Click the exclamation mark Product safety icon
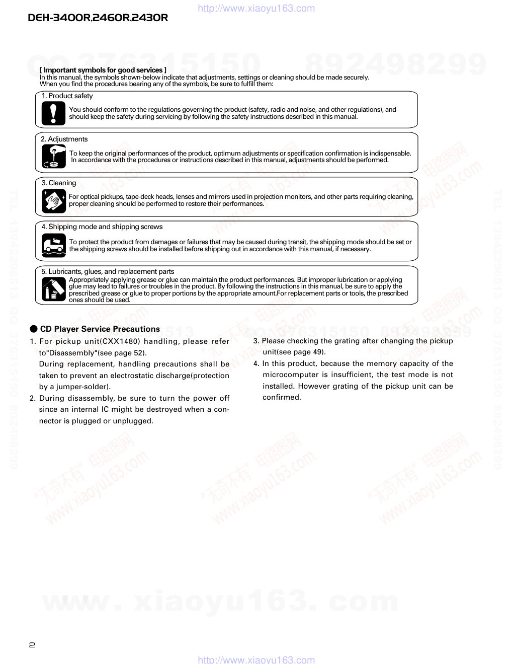coord(53,113)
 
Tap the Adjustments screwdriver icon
coord(53,156)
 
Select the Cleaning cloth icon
coord(53,200)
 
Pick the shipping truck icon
coord(53,245)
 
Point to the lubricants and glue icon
coord(53,289)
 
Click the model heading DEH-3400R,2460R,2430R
coord(98,18)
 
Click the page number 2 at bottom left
coord(32,644)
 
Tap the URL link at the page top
coord(256,8)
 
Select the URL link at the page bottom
coord(256,659)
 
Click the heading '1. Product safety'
coord(67,96)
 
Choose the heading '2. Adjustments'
coord(64,139)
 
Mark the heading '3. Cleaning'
coord(59,183)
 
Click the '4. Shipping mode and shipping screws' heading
coord(102,227)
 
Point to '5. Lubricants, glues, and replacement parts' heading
coord(108,271)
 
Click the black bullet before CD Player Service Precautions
coord(34,329)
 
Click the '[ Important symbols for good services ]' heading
coord(103,70)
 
